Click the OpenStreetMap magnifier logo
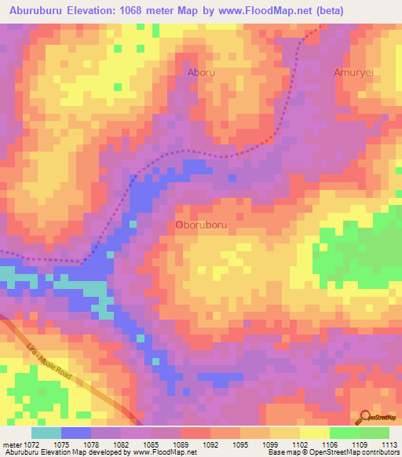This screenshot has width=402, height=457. coord(365,417)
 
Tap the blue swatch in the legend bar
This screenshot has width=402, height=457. coord(76,433)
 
